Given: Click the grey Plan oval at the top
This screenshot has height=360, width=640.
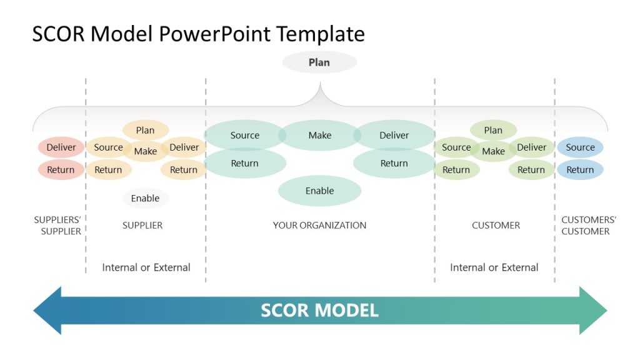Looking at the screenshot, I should coord(319,62).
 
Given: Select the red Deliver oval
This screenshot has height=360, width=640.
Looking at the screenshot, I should coord(61,147).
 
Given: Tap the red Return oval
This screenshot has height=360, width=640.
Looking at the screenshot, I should coord(61,170).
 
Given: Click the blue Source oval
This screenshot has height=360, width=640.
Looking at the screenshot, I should coord(580,147).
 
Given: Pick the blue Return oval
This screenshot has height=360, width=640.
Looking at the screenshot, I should coord(580,170).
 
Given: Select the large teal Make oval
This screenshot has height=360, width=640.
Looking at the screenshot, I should coord(319,136).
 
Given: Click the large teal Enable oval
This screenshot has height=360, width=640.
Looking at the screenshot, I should coord(319,191).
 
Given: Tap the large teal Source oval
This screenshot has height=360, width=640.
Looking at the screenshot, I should coord(245,136).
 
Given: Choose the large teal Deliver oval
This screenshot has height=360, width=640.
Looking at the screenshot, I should coord(394,136).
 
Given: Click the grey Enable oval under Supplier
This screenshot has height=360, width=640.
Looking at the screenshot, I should coord(145,199).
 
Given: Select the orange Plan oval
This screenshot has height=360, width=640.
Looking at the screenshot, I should coord(145,131).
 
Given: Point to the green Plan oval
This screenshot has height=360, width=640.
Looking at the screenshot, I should coord(493,131).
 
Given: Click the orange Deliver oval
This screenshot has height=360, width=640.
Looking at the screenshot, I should coord(184,147).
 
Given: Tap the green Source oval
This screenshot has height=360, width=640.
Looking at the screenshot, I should coord(456,147).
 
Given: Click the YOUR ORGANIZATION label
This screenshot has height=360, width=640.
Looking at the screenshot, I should coord(319,226).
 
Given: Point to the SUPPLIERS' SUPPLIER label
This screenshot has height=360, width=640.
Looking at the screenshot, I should coord(57,226).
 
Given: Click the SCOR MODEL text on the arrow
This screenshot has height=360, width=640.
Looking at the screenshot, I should coord(319,311).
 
